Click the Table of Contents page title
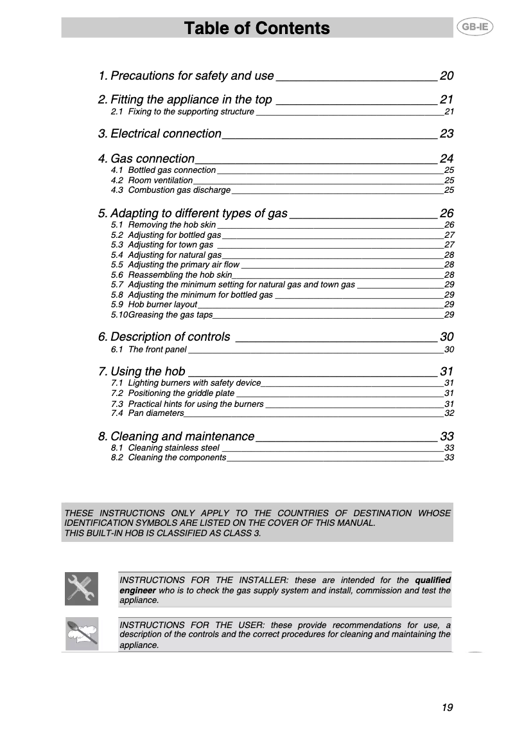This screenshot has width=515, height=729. click(x=257, y=28)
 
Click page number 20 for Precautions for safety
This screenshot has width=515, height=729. click(x=446, y=76)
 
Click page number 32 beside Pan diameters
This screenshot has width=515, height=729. click(x=450, y=413)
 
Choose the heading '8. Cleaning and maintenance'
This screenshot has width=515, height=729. click(x=177, y=437)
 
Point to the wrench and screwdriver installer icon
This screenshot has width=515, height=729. click(x=82, y=588)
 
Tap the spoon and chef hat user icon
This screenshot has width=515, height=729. click(x=82, y=634)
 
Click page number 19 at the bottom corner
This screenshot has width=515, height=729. click(x=447, y=708)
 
